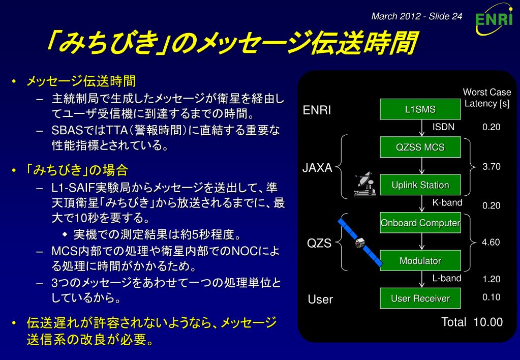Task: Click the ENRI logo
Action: (494, 19)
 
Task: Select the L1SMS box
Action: (420, 109)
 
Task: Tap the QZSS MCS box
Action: (420, 147)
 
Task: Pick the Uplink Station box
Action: (420, 185)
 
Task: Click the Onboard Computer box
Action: (420, 223)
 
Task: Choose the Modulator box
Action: (420, 260)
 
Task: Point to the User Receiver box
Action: (420, 298)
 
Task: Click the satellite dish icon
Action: (365, 185)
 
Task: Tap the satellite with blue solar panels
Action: (360, 242)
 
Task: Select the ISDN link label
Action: (443, 127)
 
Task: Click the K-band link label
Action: (447, 202)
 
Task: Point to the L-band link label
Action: (447, 278)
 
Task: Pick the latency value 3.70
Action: (492, 167)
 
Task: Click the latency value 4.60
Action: (491, 242)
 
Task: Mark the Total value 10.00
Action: (488, 322)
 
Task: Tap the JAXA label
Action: (317, 168)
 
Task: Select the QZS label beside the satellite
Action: (319, 243)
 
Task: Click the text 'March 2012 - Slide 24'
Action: (416, 16)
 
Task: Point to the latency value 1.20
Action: (492, 279)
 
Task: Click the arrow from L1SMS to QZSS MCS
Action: (422, 128)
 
